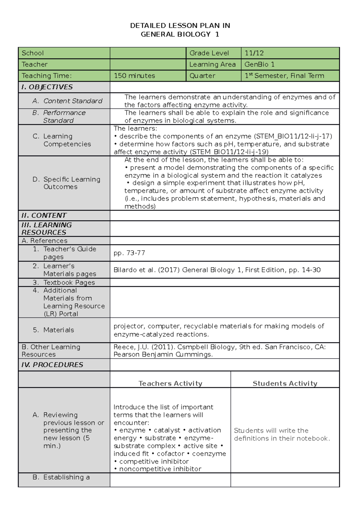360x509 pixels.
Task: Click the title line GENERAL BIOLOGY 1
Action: (x=180, y=34)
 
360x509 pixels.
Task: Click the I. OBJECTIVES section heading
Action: (x=47, y=87)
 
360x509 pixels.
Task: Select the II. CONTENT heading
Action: (x=44, y=216)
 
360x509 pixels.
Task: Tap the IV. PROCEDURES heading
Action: (x=52, y=365)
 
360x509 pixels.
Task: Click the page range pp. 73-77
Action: (x=129, y=253)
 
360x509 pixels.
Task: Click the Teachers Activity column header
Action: (x=170, y=383)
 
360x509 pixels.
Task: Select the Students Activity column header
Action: (x=285, y=383)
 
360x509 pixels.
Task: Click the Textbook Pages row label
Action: (x=69, y=282)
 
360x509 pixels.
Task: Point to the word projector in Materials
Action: (x=128, y=326)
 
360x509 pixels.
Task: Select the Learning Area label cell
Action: (x=212, y=64)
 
